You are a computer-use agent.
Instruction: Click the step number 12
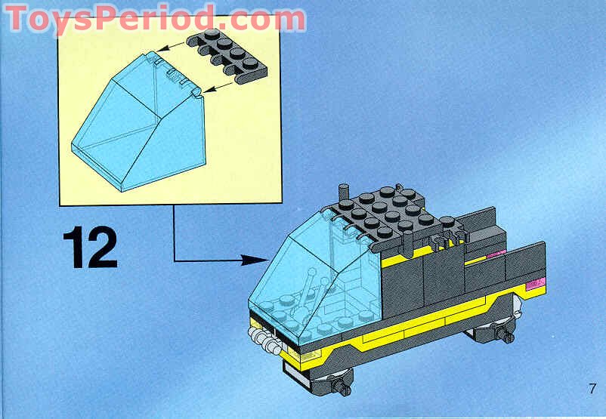click(x=90, y=247)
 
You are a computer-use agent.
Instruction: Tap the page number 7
click(x=592, y=388)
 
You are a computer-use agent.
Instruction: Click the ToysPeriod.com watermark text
click(x=156, y=18)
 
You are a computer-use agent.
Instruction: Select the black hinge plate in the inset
click(x=227, y=56)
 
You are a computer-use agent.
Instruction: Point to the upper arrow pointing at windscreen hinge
click(x=170, y=47)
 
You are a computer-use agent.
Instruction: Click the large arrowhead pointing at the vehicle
click(x=255, y=260)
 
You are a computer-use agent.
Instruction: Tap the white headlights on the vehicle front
click(x=264, y=340)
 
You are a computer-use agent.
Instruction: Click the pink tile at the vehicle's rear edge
click(x=535, y=284)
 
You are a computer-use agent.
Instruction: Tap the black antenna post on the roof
click(x=343, y=193)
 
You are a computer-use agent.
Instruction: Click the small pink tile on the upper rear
click(x=496, y=254)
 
